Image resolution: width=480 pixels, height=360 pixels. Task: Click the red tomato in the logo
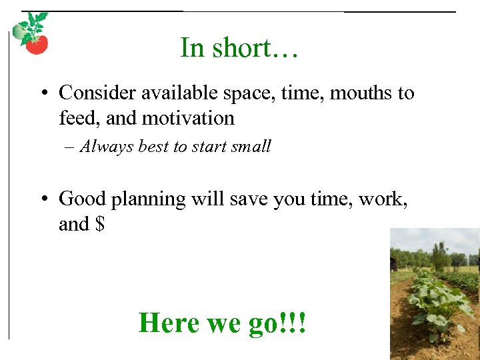click(x=37, y=45)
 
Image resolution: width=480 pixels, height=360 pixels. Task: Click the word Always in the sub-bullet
click(x=107, y=147)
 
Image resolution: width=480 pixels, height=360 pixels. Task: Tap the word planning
click(x=149, y=199)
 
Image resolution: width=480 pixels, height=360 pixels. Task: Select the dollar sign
click(x=99, y=224)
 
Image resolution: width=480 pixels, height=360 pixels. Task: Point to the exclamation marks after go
click(x=295, y=323)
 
